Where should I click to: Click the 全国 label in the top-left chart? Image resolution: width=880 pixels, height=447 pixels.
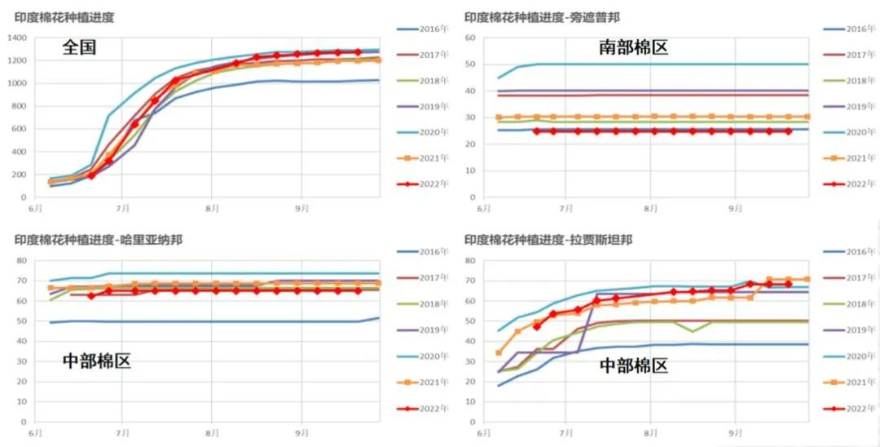point(79,47)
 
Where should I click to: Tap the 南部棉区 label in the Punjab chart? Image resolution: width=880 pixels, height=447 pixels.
point(633,47)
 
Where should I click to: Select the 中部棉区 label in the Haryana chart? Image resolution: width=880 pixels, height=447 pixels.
point(96,361)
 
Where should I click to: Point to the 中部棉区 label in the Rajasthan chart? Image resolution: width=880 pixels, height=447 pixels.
point(633,365)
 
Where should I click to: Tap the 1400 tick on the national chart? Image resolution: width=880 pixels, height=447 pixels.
point(17,38)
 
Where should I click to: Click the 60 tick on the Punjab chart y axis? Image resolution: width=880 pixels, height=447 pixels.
point(469,38)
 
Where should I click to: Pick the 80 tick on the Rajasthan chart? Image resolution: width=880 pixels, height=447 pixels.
point(469,261)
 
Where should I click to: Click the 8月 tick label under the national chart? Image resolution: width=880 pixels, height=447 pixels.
point(210,209)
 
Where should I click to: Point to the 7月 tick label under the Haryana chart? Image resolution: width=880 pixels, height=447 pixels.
point(122,432)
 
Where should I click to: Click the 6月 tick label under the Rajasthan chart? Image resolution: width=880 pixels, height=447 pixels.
point(484,432)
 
